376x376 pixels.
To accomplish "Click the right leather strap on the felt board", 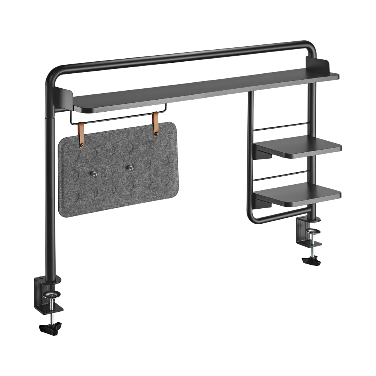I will (156, 124).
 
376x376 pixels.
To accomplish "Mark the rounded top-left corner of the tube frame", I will (52, 74).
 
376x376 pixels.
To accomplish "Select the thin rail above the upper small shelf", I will (280, 126).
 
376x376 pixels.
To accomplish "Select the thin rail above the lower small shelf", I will (280, 175).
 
